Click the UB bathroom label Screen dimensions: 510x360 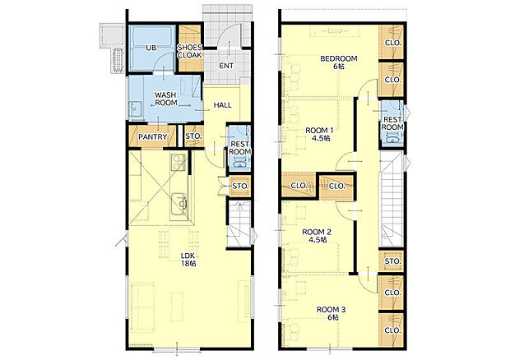coord(151,48)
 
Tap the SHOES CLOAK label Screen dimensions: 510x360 coord(189,51)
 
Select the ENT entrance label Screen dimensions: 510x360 coord(226,66)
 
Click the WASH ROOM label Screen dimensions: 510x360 coord(166,99)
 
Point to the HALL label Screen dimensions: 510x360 coord(223,105)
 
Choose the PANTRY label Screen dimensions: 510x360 coord(152,136)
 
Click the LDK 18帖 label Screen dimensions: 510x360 coord(188,259)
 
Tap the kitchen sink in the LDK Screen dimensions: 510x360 coord(179,203)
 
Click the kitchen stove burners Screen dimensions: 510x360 coord(178,161)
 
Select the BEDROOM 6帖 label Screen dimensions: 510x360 coord(339,62)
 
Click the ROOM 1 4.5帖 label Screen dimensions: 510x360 coord(319,134)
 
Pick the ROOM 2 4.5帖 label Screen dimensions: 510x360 coord(317,236)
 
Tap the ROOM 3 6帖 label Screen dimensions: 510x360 coord(331,313)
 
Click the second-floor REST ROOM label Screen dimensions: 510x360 coord(392,123)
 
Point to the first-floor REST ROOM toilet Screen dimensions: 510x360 coord(240,164)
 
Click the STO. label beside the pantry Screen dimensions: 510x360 coord(193,136)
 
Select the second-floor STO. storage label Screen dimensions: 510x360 coord(392,261)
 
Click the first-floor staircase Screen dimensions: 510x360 coord(239,224)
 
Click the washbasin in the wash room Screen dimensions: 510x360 coord(135,109)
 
